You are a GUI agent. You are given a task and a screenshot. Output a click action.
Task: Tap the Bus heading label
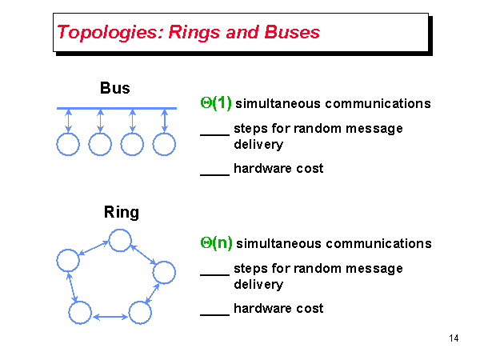115,88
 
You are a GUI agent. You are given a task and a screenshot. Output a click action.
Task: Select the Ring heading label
121,212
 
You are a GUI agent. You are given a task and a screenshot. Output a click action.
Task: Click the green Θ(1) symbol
215,103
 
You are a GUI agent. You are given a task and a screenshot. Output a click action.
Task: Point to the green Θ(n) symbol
216,243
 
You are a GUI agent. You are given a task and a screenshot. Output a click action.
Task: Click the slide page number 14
454,339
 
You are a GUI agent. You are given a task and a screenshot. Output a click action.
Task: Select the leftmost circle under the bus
68,144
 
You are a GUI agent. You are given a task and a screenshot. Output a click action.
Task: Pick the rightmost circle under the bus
164,144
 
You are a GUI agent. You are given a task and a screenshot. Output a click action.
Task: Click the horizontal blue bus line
117,108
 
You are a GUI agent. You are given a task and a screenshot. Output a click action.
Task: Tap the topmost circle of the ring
120,240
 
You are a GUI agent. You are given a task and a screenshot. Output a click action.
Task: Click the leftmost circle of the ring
68,260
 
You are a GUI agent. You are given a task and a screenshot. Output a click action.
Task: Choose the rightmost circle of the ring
164,272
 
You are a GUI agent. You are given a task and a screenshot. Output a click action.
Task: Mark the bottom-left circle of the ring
79,313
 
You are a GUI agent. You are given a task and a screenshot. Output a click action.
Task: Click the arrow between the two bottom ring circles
110,317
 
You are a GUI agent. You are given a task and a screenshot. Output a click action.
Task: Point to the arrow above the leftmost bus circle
68,121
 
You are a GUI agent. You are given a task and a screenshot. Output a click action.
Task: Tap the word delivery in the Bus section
258,145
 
